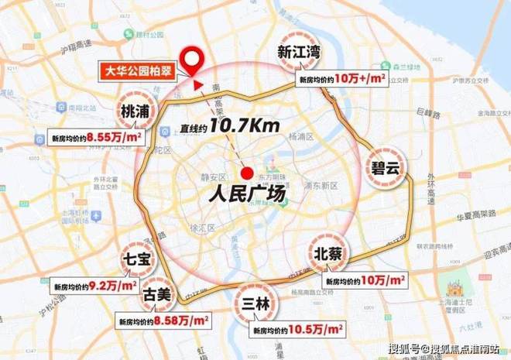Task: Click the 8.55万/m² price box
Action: (x=88, y=138)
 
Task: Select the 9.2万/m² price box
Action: (x=88, y=286)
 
